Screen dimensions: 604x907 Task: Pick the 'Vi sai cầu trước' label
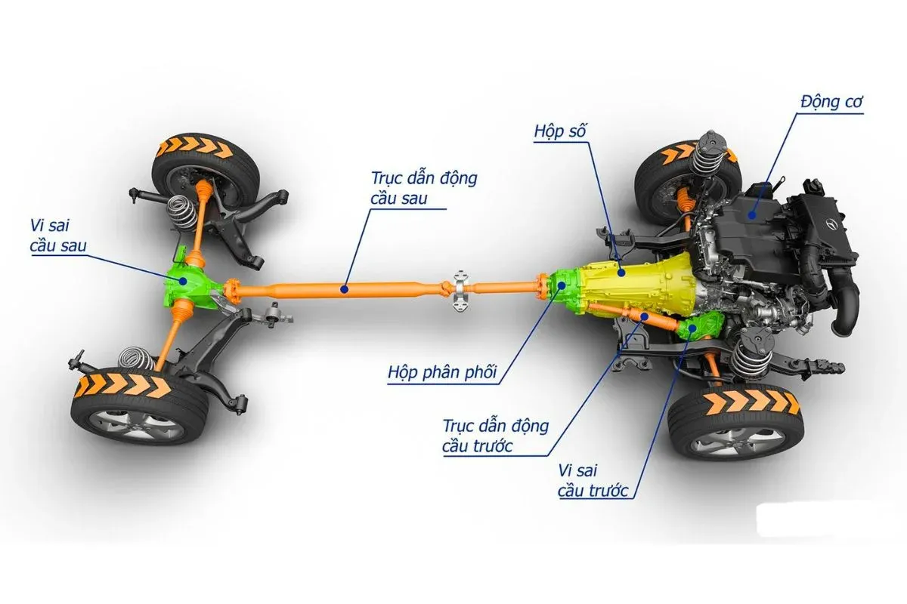point(593,480)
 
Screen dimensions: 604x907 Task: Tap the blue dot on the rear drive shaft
point(345,288)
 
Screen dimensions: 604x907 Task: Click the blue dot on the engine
point(753,214)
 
